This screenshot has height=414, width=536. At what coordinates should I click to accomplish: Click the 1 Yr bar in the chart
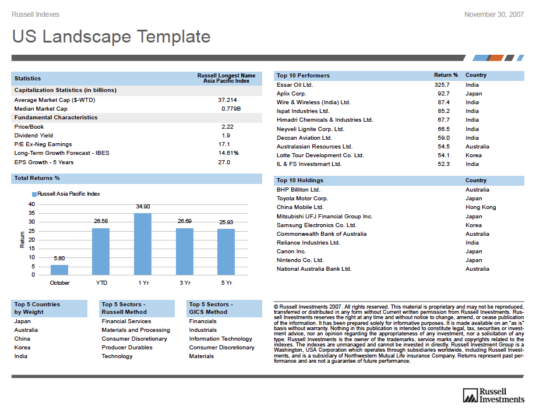click(143, 244)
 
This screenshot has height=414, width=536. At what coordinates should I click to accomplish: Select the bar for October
click(59, 270)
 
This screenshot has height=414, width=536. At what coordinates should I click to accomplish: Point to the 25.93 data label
click(226, 222)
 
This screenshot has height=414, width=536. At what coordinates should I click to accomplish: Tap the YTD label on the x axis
click(101, 282)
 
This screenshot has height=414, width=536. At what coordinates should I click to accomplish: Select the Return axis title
click(23, 239)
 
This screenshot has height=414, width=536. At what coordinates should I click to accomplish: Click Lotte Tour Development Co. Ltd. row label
click(320, 155)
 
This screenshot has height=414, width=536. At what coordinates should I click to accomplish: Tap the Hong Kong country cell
click(481, 207)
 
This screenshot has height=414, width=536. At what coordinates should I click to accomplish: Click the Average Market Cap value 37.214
click(227, 100)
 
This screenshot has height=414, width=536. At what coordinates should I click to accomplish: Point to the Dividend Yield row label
click(33, 136)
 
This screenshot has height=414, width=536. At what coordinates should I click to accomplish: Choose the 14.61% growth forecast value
click(228, 153)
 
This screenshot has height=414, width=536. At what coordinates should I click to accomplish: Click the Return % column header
click(446, 75)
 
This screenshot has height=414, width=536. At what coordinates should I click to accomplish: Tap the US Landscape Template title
click(111, 37)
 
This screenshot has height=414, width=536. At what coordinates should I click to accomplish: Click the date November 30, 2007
click(493, 15)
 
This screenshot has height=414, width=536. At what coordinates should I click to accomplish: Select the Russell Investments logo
click(493, 395)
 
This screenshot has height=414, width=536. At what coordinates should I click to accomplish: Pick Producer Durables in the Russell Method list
click(126, 348)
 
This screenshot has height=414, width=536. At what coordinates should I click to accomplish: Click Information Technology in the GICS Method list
click(220, 339)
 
